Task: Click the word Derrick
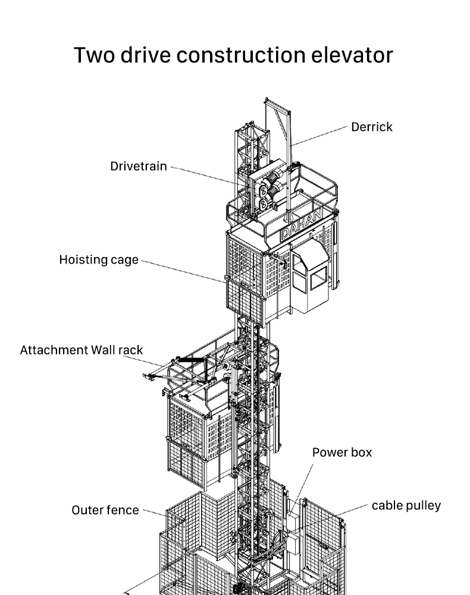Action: click(x=371, y=127)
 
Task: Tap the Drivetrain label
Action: click(x=139, y=166)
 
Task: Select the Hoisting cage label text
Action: click(x=99, y=260)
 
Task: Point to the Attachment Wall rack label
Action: click(x=81, y=350)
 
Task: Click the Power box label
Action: click(x=341, y=452)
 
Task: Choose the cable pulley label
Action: click(x=406, y=506)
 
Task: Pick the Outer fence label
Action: click(x=105, y=510)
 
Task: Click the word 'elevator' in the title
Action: click(x=352, y=55)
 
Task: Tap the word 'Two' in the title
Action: click(x=94, y=55)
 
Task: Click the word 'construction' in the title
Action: click(x=241, y=55)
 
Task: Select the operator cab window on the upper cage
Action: click(x=319, y=278)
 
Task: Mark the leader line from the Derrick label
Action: click(x=319, y=136)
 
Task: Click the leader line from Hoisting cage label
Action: click(x=183, y=271)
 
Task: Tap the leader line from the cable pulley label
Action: click(x=352, y=511)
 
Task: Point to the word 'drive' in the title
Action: click(x=146, y=55)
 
